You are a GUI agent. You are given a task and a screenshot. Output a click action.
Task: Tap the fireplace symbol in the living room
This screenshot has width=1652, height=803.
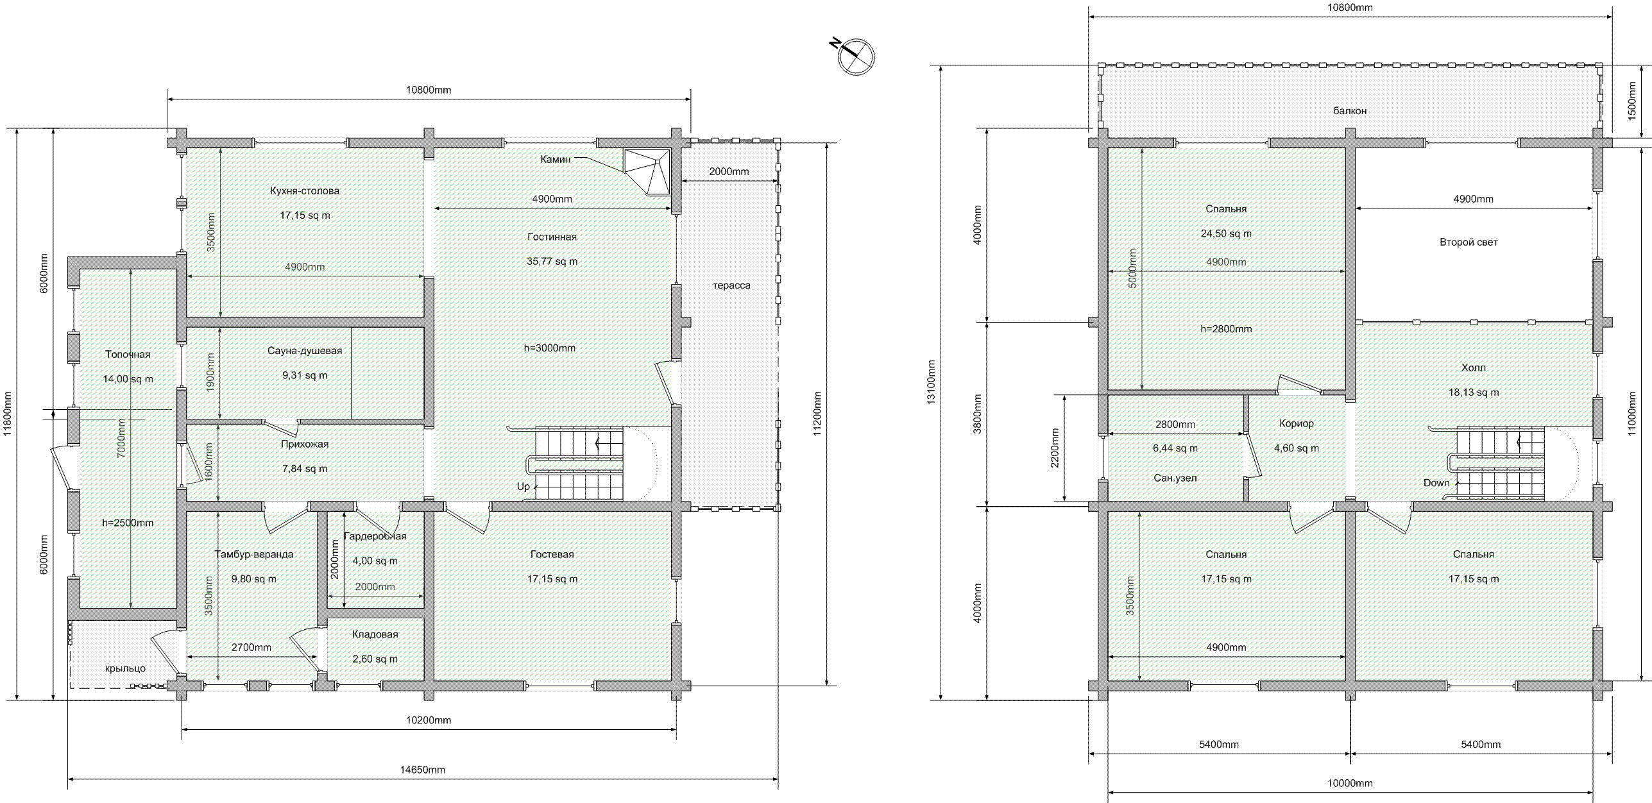coord(647,172)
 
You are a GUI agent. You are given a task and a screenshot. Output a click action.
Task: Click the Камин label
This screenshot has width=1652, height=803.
coord(555,159)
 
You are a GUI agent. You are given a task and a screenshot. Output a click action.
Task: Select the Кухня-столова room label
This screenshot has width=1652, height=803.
coord(305,190)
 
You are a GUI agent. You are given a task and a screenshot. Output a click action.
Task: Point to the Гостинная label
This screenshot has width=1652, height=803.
coord(552,237)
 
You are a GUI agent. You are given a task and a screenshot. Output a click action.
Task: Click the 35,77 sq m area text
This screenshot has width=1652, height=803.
coord(552,261)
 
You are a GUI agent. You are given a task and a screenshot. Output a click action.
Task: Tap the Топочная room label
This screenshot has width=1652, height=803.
coord(128,354)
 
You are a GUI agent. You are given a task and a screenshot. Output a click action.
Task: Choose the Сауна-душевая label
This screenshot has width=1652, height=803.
coord(305,351)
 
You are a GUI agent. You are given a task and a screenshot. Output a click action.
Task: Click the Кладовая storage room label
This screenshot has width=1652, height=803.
coord(375,634)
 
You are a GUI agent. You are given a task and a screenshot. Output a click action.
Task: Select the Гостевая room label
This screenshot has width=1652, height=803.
coord(552,554)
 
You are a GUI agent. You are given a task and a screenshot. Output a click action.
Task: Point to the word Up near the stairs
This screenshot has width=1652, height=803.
coord(524,486)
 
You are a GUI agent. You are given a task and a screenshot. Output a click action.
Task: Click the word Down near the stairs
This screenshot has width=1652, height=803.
coord(1436,483)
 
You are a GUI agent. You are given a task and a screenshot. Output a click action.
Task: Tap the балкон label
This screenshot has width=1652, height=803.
coord(1350,111)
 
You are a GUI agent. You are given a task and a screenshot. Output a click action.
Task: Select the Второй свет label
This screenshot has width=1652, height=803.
coord(1469,242)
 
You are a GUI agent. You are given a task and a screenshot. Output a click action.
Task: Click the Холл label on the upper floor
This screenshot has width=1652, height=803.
coord(1473,368)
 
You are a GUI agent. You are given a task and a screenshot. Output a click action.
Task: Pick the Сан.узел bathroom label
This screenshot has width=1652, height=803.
coord(1175,478)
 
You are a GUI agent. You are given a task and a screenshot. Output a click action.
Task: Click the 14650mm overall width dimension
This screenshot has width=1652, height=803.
coord(422,770)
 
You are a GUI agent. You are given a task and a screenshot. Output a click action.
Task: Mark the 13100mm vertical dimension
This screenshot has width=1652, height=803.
coord(931,382)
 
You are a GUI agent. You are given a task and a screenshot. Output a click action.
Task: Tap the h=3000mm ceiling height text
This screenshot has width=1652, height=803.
coord(550,348)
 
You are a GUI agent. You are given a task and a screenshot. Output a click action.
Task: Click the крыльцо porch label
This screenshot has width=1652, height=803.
coord(125,668)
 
